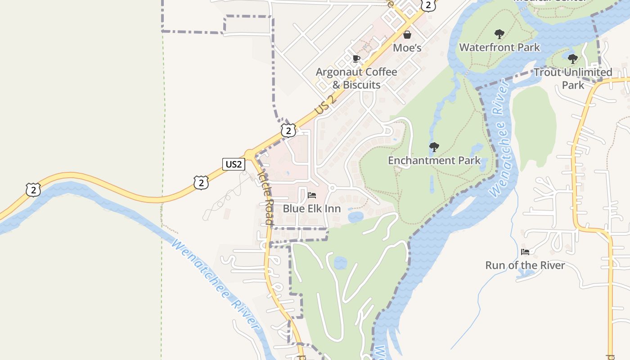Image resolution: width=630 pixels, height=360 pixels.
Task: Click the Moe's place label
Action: click(407, 47)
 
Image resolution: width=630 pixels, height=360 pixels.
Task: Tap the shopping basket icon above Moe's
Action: click(407, 35)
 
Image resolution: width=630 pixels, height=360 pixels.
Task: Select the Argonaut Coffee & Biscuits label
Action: click(356, 78)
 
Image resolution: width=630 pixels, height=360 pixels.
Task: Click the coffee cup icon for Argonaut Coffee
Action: click(356, 59)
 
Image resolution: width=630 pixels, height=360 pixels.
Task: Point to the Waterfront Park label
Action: click(499, 47)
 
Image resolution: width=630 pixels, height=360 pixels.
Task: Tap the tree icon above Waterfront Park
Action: click(499, 34)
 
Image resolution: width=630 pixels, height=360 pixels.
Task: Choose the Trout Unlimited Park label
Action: click(572, 78)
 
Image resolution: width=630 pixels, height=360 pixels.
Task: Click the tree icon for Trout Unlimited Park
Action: click(572, 59)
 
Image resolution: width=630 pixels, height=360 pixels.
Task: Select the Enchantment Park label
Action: click(434, 160)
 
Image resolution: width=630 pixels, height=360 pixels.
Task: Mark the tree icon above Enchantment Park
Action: click(434, 147)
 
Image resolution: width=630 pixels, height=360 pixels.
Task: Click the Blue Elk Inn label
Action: click(311, 209)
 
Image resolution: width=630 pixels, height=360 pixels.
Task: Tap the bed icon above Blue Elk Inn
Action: click(311, 195)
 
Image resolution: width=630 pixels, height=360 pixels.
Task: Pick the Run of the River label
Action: click(525, 265)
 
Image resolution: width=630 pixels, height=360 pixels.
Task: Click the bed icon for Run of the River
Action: click(525, 252)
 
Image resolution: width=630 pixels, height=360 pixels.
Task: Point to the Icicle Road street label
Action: click(265, 198)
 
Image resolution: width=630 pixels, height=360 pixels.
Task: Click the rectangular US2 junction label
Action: click(234, 164)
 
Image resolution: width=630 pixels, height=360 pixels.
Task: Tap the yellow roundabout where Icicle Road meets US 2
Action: click(250, 154)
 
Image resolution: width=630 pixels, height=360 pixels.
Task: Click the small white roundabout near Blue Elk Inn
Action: click(333, 188)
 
